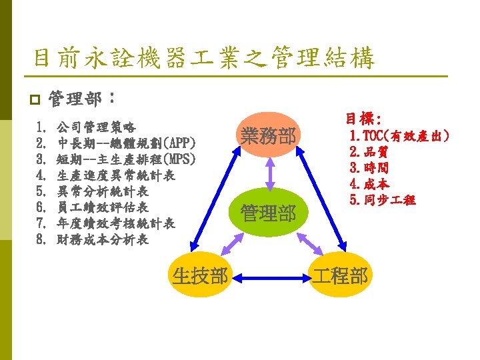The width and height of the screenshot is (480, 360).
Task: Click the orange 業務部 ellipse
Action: pos(269,137)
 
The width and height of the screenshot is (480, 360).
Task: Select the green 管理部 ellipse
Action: pos(269,214)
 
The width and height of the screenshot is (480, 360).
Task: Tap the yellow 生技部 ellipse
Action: pos(200,275)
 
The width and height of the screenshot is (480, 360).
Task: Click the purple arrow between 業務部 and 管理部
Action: pos(269,175)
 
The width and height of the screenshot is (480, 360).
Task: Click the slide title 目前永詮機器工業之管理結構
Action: pos(204,59)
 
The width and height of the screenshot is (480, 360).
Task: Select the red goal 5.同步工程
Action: pos(382,199)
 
